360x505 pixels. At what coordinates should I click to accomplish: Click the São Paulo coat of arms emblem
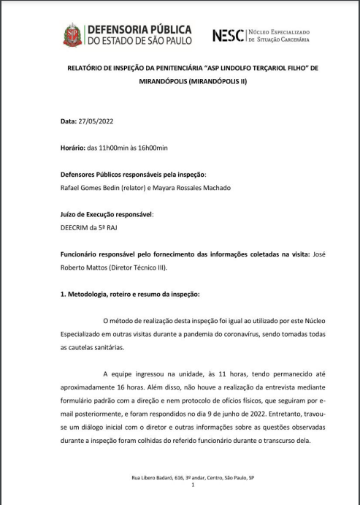tap(72, 34)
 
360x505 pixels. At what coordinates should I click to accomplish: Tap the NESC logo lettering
tap(227, 35)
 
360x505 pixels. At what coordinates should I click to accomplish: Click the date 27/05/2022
tap(99, 121)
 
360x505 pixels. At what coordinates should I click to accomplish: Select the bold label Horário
tap(72, 148)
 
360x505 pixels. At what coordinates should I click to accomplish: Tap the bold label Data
tap(67, 121)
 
